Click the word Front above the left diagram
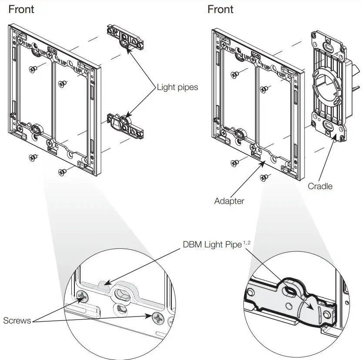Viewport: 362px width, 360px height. (x=21, y=9)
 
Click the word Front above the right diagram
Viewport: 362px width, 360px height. (x=221, y=9)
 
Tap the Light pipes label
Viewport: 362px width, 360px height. (x=177, y=87)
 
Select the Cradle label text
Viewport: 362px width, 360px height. (x=320, y=186)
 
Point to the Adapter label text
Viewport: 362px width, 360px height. (x=229, y=201)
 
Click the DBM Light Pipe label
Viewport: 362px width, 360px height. (x=212, y=245)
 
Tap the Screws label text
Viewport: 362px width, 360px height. (x=17, y=320)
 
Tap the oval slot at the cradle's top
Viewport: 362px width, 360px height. (x=328, y=46)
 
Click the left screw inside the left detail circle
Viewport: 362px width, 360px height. (x=82, y=297)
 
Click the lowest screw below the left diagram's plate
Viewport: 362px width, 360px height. (x=62, y=172)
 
